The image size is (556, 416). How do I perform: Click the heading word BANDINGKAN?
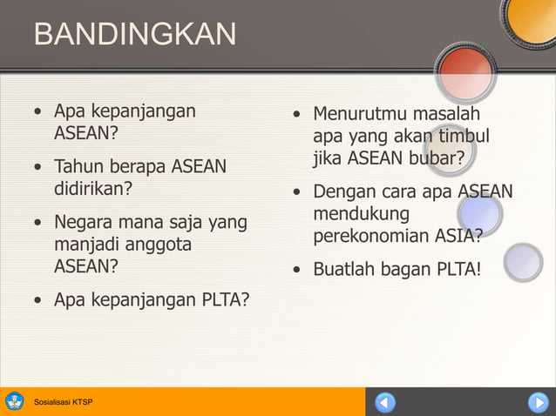[x=135, y=35]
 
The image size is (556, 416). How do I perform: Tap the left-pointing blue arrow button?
[x=385, y=402]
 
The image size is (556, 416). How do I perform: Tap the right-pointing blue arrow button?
[x=538, y=402]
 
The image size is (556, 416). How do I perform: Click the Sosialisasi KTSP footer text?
[x=63, y=402]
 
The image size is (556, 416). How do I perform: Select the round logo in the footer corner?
[x=15, y=401]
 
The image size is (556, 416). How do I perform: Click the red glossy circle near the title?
[x=465, y=70]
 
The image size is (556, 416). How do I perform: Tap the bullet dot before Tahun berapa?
[x=37, y=167]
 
